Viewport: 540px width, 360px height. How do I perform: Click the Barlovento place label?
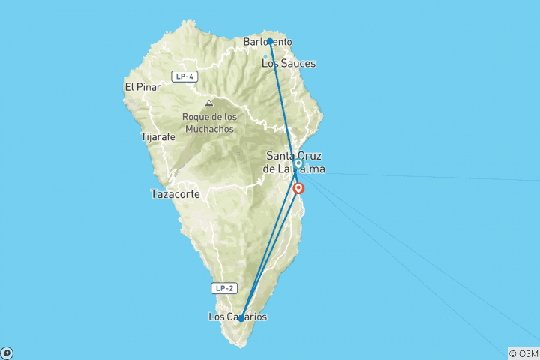[x=268, y=42]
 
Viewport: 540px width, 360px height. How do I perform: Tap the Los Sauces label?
[x=288, y=64]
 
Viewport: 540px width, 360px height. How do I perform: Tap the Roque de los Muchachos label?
[x=208, y=122]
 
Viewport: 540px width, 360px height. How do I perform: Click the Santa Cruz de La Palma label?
[x=295, y=162]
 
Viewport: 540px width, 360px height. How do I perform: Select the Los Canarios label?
[x=237, y=316]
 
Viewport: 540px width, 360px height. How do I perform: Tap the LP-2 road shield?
[x=224, y=287]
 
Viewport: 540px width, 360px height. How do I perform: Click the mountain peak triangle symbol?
[x=208, y=103]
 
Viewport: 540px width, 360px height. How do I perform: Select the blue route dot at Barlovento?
[x=269, y=42]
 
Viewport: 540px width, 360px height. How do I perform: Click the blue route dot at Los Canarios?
[x=241, y=319]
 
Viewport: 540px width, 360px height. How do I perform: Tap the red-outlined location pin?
[x=298, y=188]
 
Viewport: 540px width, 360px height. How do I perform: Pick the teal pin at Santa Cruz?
[x=298, y=163]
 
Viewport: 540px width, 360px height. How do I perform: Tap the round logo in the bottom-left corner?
[x=7, y=352]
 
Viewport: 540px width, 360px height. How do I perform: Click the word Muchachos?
[x=208, y=129]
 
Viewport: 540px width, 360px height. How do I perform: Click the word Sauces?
[x=298, y=64]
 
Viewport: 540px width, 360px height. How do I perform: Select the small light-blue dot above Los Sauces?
[x=265, y=56]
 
